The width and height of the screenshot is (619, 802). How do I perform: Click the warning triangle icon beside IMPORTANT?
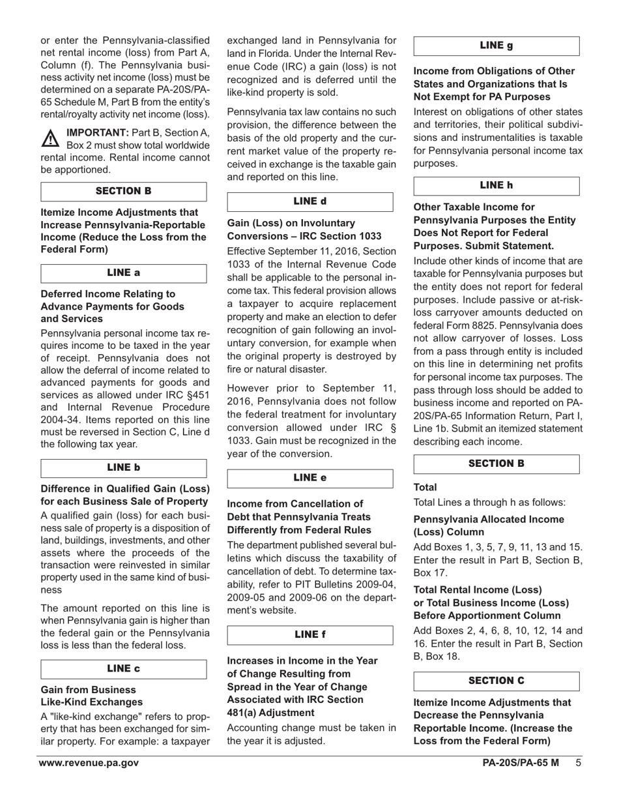tap(51, 138)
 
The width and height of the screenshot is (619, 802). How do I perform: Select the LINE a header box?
tap(124, 273)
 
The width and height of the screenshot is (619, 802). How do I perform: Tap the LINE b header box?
tap(124, 468)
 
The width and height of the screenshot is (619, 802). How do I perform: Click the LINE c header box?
tap(124, 669)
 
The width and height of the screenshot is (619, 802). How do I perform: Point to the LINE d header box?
tap(310, 201)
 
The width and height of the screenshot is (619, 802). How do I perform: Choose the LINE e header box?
tap(310, 478)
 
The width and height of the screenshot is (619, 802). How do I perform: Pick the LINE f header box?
tap(310, 634)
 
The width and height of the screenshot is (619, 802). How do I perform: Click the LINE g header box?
tap(497, 46)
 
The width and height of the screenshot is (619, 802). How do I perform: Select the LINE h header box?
tap(497, 186)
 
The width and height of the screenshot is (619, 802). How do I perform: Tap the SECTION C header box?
tap(497, 681)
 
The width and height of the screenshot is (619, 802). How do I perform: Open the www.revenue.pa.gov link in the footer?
tap(88, 763)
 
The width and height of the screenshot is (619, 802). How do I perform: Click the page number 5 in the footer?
tap(578, 763)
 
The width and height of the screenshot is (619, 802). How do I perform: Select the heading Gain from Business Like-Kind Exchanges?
tap(91, 696)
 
